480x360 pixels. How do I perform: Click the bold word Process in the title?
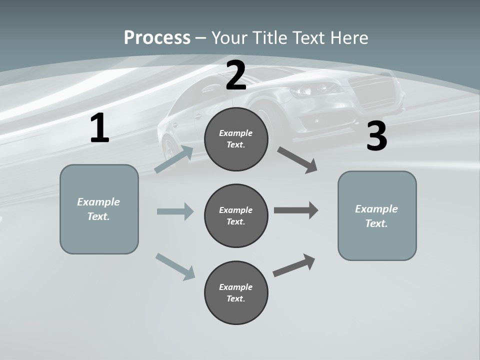tap(157, 38)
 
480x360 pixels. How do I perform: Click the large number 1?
tap(99, 128)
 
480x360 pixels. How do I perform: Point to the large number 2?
tap(236, 76)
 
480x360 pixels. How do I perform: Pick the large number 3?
tap(377, 136)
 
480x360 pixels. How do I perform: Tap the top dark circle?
tap(236, 139)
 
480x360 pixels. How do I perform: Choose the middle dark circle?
tap(236, 215)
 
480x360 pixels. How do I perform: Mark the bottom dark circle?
tap(236, 292)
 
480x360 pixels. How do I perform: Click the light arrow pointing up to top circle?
tap(174, 159)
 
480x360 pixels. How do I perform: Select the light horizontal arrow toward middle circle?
tap(175, 211)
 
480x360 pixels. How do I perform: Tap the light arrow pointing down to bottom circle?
tap(175, 266)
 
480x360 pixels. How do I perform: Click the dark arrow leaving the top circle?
tap(297, 159)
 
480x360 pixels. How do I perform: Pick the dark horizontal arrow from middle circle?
tap(296, 210)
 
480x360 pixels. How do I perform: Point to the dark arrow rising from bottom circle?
tap(294, 265)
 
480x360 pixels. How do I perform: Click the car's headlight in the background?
tap(305, 90)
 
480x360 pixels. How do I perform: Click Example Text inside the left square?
tap(98, 209)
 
